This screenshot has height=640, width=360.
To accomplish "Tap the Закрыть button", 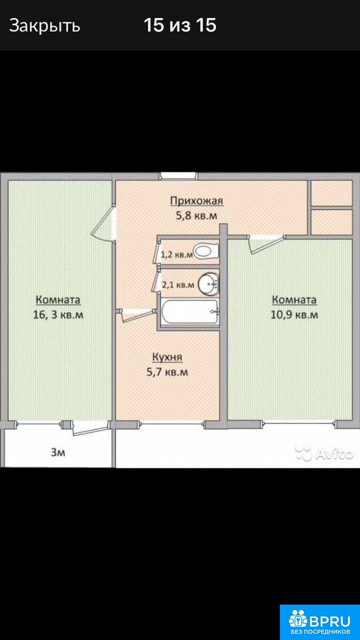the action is click(x=45, y=26).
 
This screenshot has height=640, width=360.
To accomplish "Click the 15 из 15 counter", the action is click(x=180, y=26).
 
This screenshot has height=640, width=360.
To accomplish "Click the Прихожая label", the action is click(x=197, y=201).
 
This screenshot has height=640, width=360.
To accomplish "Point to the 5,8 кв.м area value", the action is click(x=197, y=216).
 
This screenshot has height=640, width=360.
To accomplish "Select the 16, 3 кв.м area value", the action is click(x=59, y=315).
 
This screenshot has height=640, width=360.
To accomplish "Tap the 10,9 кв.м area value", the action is click(x=295, y=315).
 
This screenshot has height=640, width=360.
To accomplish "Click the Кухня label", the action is click(x=167, y=358).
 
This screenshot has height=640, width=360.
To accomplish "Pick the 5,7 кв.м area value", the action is click(x=167, y=372).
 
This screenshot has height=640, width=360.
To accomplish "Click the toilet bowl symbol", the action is click(x=206, y=251).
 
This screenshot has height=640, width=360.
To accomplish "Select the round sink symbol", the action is click(x=209, y=284).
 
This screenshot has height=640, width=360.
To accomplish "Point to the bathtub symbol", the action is click(x=190, y=312).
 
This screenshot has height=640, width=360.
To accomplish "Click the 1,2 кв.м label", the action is click(x=177, y=255).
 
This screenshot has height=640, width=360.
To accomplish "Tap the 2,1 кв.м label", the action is click(x=178, y=285).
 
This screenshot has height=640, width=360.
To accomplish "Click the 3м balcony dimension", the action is click(x=57, y=452).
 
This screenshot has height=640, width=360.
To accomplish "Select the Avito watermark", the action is click(x=324, y=453).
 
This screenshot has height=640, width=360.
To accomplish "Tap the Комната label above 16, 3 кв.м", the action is click(x=59, y=300).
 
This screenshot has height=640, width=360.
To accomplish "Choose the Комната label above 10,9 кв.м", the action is click(x=294, y=301).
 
